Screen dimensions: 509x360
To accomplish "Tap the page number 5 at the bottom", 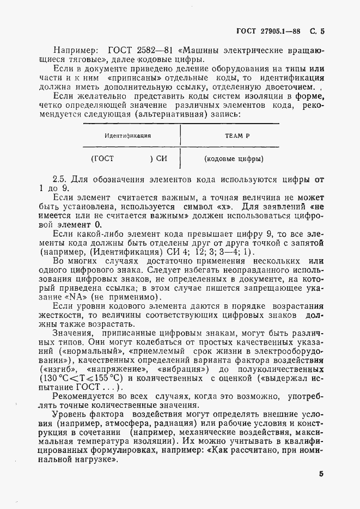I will click(x=321, y=473).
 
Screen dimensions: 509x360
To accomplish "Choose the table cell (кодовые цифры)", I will click(x=234, y=160).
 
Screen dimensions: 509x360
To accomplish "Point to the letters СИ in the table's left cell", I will click(x=162, y=160).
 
